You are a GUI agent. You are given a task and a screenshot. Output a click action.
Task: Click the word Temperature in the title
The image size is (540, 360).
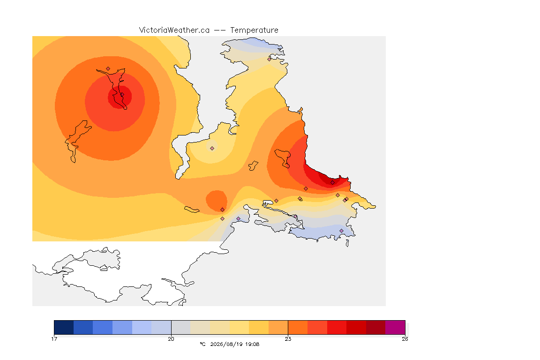[x=254, y=30]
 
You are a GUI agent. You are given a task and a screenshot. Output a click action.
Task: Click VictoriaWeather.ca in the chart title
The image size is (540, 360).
[x=174, y=30]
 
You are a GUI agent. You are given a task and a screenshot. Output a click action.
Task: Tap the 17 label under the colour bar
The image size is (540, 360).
[x=54, y=339]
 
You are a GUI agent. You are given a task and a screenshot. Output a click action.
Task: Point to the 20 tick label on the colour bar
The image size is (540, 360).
[x=171, y=339]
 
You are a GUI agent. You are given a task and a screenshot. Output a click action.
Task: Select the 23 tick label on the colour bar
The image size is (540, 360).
[x=288, y=339]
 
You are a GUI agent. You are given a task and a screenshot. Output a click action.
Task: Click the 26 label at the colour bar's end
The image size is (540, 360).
[x=405, y=339]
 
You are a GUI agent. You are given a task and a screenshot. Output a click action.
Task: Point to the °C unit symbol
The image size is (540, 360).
[x=202, y=344]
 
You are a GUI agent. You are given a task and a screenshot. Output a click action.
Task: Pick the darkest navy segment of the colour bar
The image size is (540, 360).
[x=64, y=327]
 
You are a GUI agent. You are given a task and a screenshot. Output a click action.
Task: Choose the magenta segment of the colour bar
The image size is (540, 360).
[x=395, y=327]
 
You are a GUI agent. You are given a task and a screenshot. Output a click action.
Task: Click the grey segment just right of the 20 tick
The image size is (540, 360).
[x=181, y=327]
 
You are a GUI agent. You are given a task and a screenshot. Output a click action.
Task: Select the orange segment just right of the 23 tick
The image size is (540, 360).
[x=298, y=327]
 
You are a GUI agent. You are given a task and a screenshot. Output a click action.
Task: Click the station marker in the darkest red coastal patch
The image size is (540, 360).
[x=332, y=183]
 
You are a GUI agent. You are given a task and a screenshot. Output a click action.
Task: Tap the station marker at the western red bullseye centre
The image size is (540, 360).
[x=121, y=95]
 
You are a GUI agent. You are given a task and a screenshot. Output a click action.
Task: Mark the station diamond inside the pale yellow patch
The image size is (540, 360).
[x=212, y=148]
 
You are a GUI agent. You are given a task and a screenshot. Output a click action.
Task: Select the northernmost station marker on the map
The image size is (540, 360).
[x=270, y=59]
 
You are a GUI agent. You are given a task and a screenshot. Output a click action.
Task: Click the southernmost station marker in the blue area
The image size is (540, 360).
[x=341, y=231]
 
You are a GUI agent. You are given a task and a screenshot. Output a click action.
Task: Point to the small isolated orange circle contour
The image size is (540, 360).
[x=216, y=200]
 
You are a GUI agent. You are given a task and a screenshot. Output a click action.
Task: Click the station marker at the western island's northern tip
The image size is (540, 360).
[x=108, y=69]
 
